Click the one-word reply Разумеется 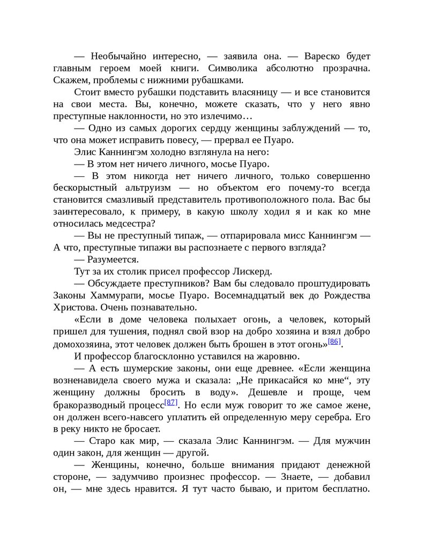point(114,260)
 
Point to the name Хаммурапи point(110,296)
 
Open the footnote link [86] point(334,342)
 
